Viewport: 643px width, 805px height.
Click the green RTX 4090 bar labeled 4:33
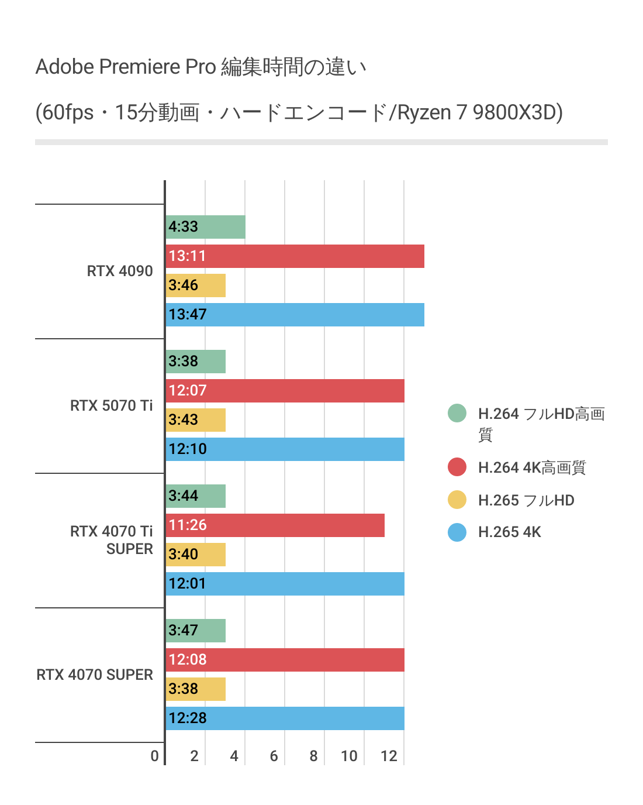(206, 227)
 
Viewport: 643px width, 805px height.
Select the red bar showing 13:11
(295, 256)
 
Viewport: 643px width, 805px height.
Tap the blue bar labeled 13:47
(295, 315)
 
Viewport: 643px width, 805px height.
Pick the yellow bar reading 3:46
(196, 285)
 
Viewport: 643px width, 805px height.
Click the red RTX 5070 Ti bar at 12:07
(285, 391)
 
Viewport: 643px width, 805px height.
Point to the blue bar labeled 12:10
(285, 449)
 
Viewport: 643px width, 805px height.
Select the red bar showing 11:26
(275, 525)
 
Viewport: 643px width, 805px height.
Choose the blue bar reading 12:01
(285, 584)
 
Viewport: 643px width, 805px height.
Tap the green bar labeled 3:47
(196, 631)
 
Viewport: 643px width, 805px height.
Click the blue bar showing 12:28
(285, 718)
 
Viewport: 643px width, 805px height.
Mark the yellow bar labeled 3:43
(196, 420)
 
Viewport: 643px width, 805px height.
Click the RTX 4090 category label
(120, 271)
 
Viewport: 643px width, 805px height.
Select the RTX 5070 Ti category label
(111, 405)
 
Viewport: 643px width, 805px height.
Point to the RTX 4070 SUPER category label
(95, 675)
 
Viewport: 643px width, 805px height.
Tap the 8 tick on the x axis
(313, 756)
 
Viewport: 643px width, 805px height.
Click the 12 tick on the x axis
(389, 756)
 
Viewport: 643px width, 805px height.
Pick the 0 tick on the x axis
(154, 756)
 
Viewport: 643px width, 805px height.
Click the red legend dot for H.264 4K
(457, 467)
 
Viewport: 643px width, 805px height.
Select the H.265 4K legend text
(509, 532)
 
